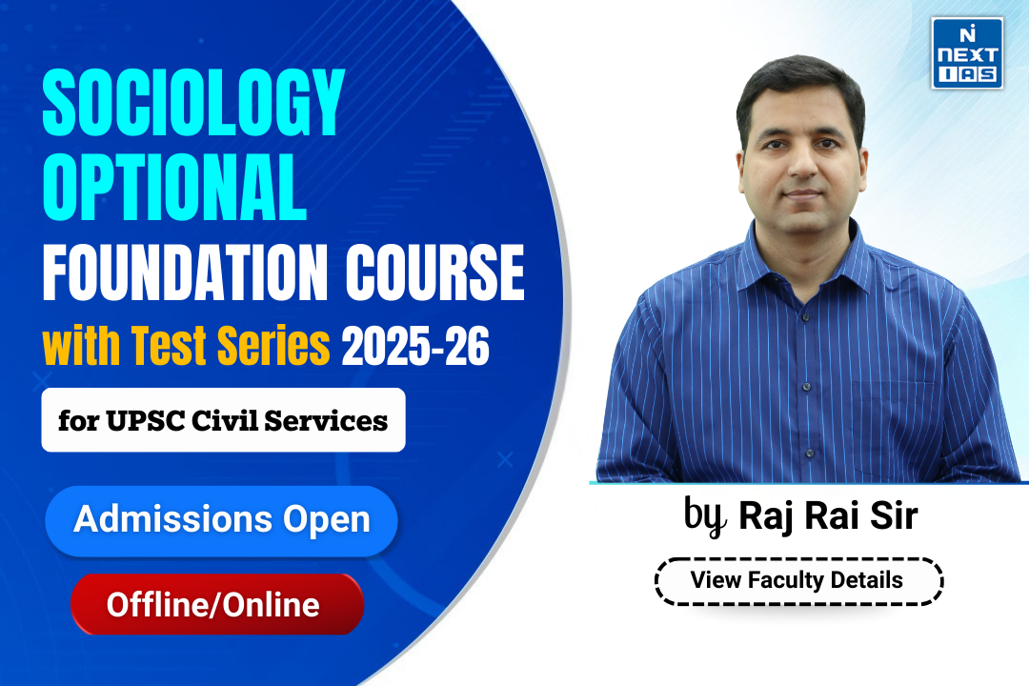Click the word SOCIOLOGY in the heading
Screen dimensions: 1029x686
click(x=193, y=103)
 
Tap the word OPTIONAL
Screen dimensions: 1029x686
click(x=174, y=187)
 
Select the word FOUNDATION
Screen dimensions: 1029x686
click(x=185, y=272)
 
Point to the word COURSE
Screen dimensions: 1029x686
click(x=435, y=272)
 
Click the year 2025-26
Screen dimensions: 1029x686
click(x=415, y=346)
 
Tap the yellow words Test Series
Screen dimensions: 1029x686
click(x=231, y=345)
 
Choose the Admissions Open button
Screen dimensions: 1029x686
click(x=221, y=520)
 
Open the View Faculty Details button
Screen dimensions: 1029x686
click(x=798, y=581)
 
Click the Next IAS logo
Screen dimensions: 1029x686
click(x=967, y=53)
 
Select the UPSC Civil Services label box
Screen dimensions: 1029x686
click(x=223, y=420)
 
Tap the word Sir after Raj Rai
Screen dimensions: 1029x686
click(x=895, y=515)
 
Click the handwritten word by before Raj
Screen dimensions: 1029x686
click(x=705, y=515)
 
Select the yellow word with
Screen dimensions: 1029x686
click(x=81, y=345)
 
